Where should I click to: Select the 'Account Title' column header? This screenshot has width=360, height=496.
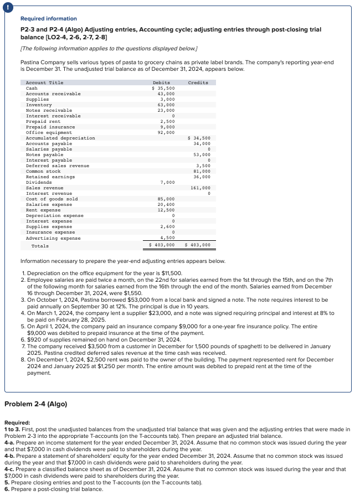point(45,82)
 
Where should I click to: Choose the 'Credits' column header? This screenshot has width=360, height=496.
point(198,82)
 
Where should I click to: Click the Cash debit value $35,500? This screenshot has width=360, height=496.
point(163,88)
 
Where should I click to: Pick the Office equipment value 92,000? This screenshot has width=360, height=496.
point(166,132)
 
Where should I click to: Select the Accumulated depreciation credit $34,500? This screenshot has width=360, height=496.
point(199,138)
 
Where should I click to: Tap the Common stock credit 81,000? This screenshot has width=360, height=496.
point(202,171)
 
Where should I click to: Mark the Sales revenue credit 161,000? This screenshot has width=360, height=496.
point(200,188)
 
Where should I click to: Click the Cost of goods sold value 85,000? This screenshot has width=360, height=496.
point(166,199)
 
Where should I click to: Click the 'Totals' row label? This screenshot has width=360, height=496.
point(40,245)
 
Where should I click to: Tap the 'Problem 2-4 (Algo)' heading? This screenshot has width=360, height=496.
point(35,404)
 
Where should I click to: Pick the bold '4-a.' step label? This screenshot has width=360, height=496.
point(9,442)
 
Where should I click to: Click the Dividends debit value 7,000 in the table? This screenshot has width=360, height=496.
point(167,182)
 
